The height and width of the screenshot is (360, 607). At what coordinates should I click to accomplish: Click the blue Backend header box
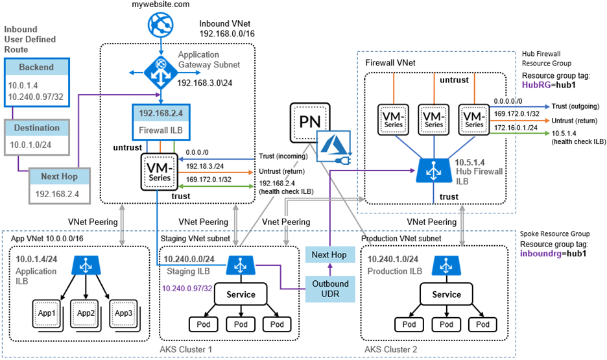[36, 67]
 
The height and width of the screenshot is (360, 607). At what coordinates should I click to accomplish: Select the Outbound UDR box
[331, 289]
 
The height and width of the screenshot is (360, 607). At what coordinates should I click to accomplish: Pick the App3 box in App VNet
[123, 313]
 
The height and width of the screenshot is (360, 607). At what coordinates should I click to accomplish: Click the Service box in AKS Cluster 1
[240, 294]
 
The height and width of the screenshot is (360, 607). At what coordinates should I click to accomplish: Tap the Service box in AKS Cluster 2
[446, 294]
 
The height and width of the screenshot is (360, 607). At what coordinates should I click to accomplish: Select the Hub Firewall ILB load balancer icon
[431, 170]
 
